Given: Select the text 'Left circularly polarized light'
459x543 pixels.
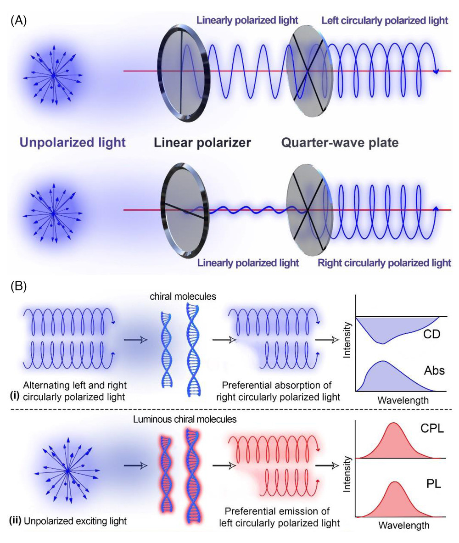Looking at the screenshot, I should coord(385,21).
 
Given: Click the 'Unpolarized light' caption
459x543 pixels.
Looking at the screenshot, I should coord(72,143).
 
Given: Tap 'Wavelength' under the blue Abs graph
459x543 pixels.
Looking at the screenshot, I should coord(403,400).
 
